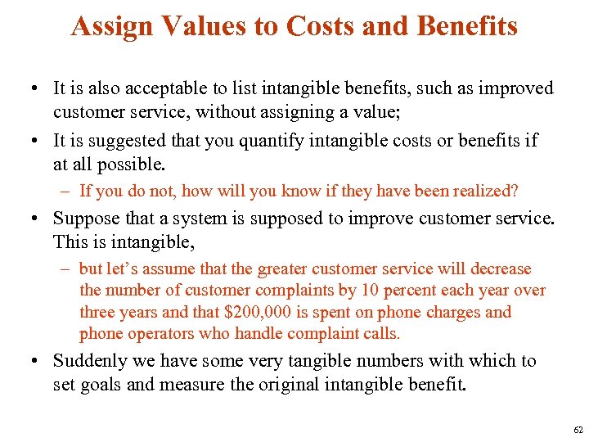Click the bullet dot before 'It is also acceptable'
[x=38, y=88]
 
